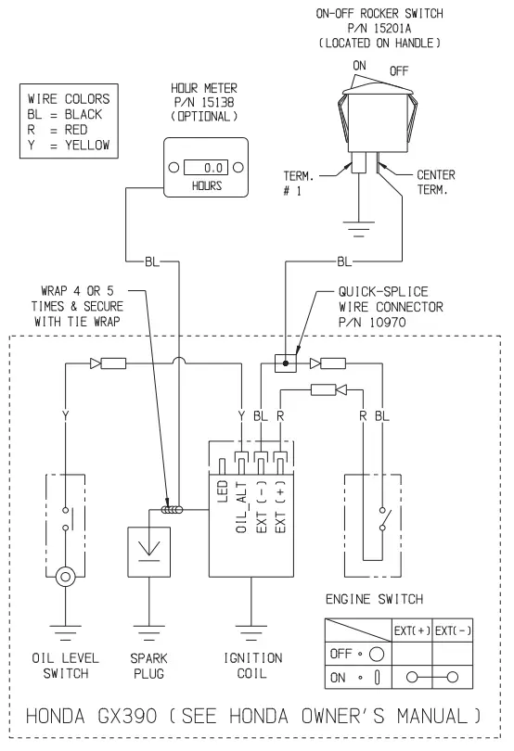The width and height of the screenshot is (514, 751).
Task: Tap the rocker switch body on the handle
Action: tap(379, 117)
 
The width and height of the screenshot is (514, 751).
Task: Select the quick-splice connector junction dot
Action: tap(286, 362)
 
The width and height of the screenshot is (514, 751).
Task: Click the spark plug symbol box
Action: tap(147, 553)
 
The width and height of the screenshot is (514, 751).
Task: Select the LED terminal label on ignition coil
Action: tap(223, 491)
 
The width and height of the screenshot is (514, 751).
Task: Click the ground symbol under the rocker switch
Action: tap(356, 222)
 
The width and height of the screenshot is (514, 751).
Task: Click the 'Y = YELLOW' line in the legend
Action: tap(69, 145)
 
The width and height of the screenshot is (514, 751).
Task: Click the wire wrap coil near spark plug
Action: tap(170, 510)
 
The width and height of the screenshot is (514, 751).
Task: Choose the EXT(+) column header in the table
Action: tap(412, 631)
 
